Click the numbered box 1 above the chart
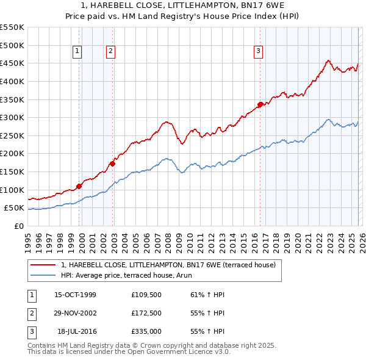(x=78, y=52)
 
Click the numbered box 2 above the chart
(x=110, y=52)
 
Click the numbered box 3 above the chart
(x=258, y=52)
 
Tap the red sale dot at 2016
(x=260, y=104)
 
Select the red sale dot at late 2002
(x=113, y=163)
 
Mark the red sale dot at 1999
(x=79, y=186)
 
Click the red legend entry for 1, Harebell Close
(x=168, y=265)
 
